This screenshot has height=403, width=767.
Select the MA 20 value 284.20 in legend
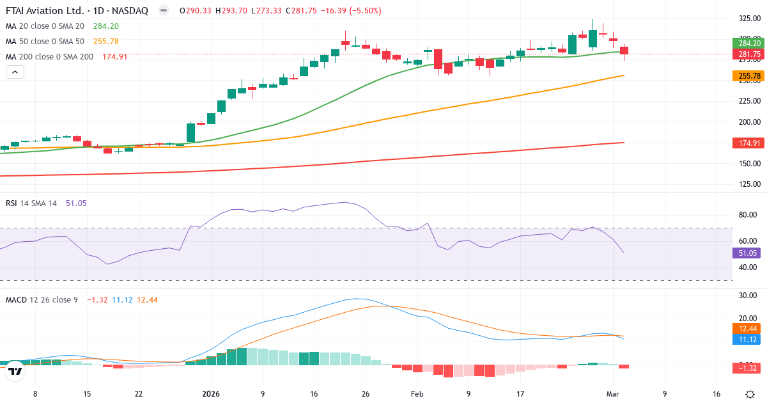tap(106, 26)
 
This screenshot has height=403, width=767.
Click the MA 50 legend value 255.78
tap(106, 42)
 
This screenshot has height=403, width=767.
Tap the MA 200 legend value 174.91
tap(115, 57)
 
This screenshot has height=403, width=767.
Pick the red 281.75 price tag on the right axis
tap(748, 54)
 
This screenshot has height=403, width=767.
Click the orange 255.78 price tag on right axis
tap(748, 76)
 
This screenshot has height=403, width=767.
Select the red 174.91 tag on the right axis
tap(748, 143)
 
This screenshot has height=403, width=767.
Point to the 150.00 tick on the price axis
tap(748, 163)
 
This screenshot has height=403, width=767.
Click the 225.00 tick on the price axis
tap(748, 101)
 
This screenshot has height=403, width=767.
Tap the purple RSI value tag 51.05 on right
tap(748, 253)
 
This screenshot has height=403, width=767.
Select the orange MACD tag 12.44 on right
tap(748, 328)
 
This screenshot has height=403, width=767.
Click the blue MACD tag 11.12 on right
tap(748, 339)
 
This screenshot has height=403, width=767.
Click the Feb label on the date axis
tap(417, 394)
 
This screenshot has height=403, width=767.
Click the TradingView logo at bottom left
tap(16, 370)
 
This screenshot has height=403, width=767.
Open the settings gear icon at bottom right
tap(749, 394)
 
